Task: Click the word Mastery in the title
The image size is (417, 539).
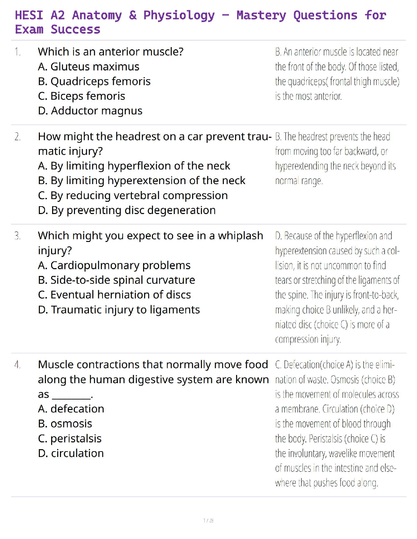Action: click(x=261, y=15)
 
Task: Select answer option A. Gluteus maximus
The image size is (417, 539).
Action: click(x=89, y=67)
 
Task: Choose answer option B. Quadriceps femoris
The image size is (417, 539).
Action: click(x=94, y=81)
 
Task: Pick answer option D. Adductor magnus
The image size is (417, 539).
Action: click(x=90, y=111)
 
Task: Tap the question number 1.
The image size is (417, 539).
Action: click(x=17, y=52)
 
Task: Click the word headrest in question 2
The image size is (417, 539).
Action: click(x=138, y=136)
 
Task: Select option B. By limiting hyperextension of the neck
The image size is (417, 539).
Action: click(x=141, y=181)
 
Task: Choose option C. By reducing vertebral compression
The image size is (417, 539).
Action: click(x=133, y=196)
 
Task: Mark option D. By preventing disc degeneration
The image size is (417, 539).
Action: click(x=127, y=210)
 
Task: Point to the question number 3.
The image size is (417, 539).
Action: click(x=17, y=236)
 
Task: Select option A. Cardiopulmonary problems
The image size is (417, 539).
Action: click(x=114, y=265)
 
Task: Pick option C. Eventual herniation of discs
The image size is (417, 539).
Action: click(x=114, y=295)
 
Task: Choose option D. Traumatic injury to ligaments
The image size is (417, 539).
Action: click(x=119, y=310)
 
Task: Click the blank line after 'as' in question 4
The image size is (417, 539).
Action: click(x=72, y=395)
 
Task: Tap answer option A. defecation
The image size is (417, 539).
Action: click(x=71, y=409)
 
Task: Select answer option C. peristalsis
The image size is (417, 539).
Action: click(x=69, y=439)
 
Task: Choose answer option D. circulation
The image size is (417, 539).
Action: click(x=71, y=453)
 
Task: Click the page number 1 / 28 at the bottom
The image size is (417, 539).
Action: click(x=208, y=520)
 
